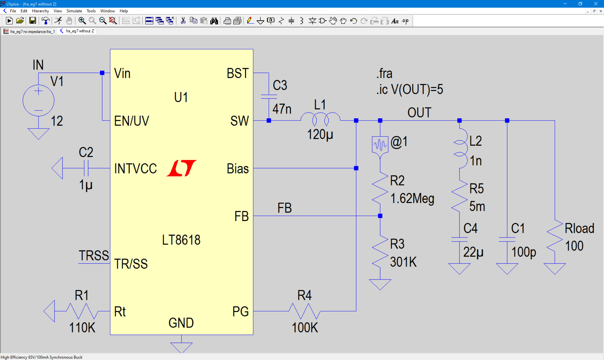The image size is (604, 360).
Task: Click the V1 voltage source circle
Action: (x=38, y=101)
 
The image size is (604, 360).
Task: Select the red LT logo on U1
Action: (x=181, y=168)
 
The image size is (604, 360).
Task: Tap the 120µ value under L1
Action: (x=320, y=135)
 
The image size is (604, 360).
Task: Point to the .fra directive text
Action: (x=384, y=73)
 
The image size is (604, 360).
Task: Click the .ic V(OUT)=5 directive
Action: (x=409, y=89)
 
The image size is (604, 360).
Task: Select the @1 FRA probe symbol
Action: (x=380, y=145)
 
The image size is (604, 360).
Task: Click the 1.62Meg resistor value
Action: (x=412, y=199)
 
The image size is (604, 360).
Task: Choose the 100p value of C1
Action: (x=523, y=252)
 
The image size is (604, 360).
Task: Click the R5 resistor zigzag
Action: (x=459, y=196)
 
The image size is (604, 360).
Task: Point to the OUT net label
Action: (x=419, y=113)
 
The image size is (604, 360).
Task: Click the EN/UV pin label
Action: (x=132, y=121)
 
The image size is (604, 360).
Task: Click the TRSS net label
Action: (x=94, y=256)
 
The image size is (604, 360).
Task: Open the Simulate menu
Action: (x=74, y=11)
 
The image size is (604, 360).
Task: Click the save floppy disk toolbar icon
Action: (x=32, y=21)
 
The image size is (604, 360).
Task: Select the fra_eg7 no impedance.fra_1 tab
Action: (x=29, y=31)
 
